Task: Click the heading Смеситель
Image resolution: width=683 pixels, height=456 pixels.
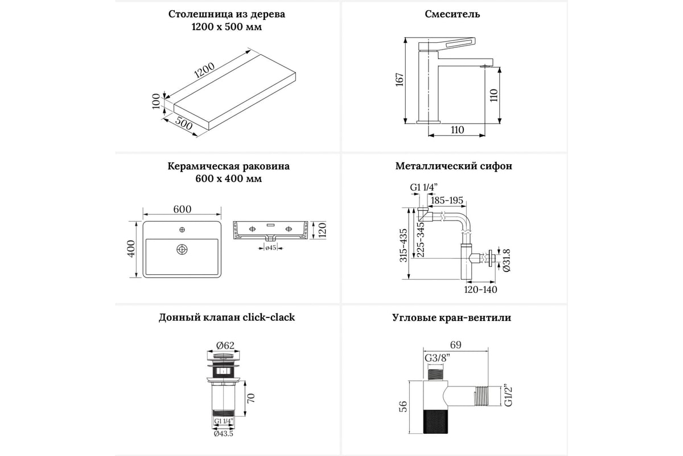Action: (x=452, y=14)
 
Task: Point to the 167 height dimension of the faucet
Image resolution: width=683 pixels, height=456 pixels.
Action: (x=400, y=80)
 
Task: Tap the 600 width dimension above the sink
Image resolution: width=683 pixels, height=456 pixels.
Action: (x=182, y=209)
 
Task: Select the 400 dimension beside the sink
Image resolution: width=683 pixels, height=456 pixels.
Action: (x=131, y=249)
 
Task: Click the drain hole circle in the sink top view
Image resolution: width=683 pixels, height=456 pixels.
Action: (x=182, y=249)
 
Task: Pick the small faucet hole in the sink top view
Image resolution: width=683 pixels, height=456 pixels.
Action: (x=182, y=230)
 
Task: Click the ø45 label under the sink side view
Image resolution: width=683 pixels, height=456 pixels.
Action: (x=271, y=247)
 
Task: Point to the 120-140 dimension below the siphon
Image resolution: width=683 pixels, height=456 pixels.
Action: (x=481, y=290)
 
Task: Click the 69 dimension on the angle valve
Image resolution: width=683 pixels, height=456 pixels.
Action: (x=455, y=345)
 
